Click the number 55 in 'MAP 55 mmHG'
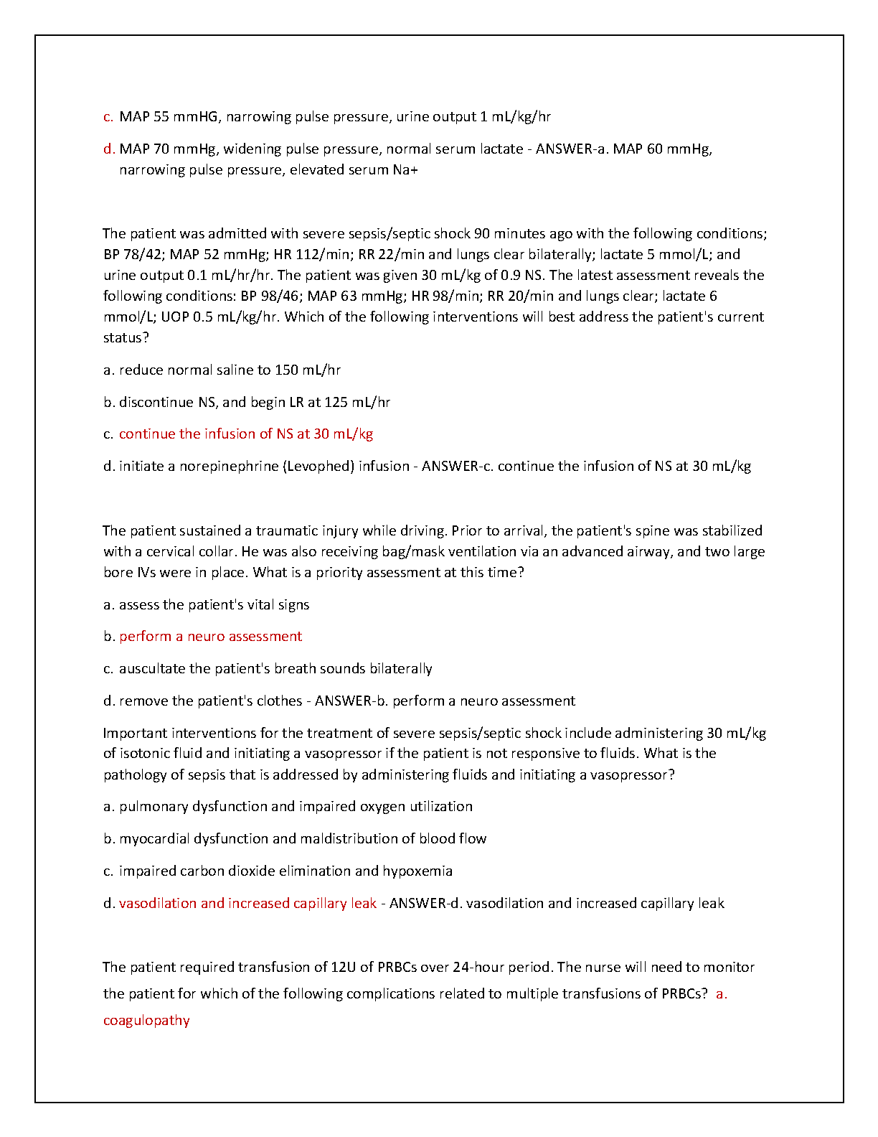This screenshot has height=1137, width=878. pos(161,117)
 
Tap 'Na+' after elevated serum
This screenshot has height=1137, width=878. pos(405,170)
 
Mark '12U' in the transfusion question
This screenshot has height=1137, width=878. pos(343,968)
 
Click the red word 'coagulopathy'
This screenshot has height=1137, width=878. pos(146,1021)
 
